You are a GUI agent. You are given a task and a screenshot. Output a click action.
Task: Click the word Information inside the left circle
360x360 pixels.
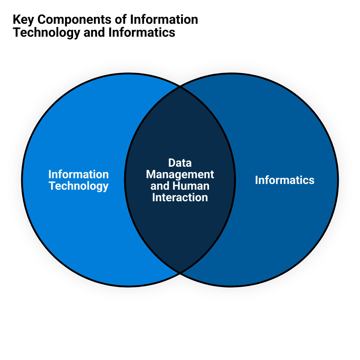tap(78, 174)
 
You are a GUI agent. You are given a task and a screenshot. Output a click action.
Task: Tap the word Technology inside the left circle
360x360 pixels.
tap(78, 186)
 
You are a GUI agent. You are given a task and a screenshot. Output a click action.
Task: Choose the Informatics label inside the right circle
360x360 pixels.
tap(284, 180)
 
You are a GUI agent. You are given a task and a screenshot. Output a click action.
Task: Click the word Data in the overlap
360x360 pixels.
tap(180, 163)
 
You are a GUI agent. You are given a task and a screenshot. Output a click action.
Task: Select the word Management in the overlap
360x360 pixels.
tap(180, 174)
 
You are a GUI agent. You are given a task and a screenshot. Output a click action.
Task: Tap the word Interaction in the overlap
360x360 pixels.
tap(180, 197)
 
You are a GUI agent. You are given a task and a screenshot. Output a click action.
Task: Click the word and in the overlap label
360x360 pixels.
tap(159, 186)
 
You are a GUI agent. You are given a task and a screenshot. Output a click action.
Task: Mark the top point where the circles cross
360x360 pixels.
tap(180, 87)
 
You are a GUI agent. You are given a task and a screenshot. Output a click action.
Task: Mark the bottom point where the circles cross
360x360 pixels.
tap(180, 273)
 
